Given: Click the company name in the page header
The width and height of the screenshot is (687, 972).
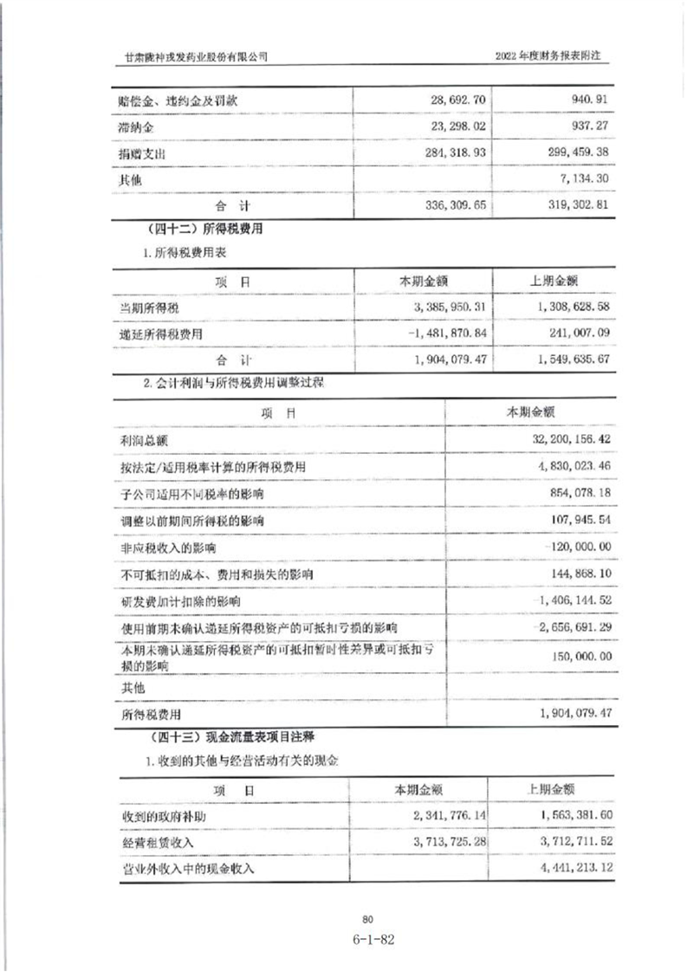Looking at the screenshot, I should click(x=197, y=55).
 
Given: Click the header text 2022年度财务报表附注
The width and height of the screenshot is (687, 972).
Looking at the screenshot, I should click(x=548, y=55).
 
